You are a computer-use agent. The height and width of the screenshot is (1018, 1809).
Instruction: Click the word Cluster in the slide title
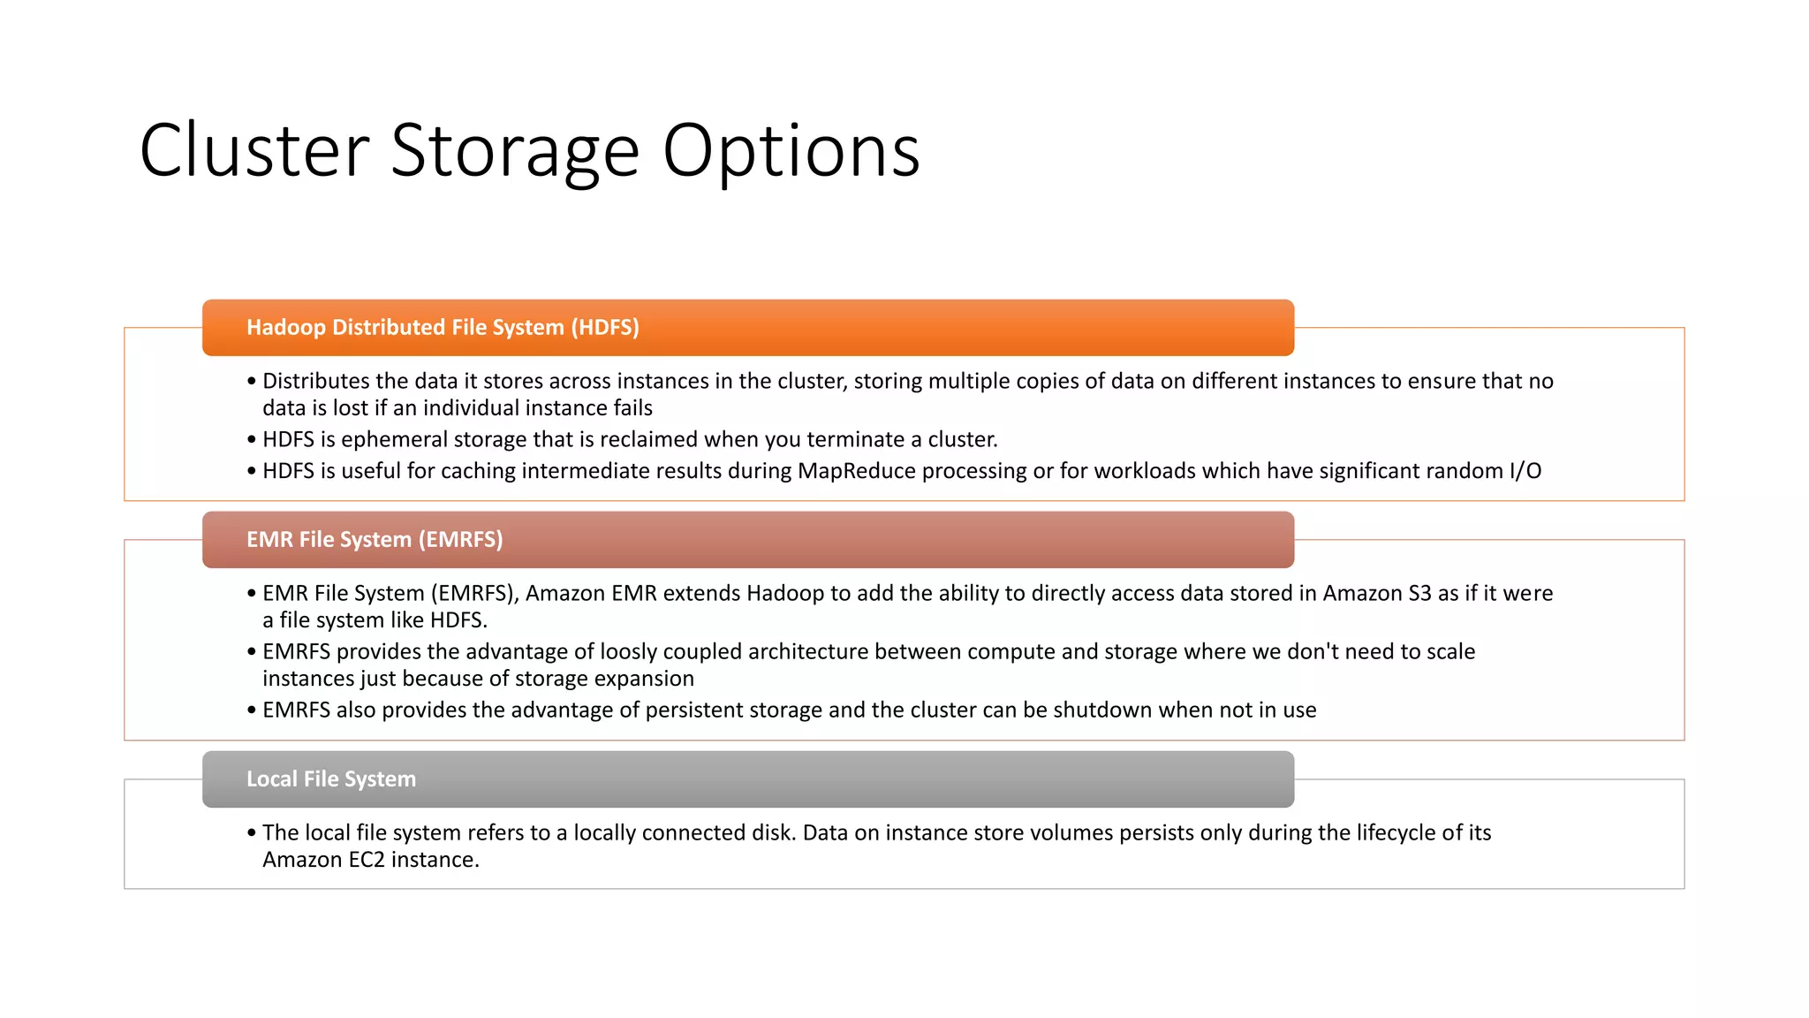(x=254, y=151)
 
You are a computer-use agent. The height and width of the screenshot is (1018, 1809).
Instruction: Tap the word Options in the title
(x=791, y=151)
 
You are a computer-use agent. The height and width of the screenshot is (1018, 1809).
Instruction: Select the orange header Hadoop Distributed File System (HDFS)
(x=747, y=328)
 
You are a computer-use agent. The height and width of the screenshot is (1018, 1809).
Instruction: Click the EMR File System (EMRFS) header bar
(x=747, y=540)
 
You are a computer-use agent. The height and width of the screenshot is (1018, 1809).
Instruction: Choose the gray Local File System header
(x=747, y=779)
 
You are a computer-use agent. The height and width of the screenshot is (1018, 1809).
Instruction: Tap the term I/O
(x=1525, y=471)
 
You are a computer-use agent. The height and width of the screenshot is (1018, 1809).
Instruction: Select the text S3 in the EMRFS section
(x=1419, y=593)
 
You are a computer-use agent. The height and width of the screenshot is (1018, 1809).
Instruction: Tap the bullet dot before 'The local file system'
(x=252, y=832)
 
